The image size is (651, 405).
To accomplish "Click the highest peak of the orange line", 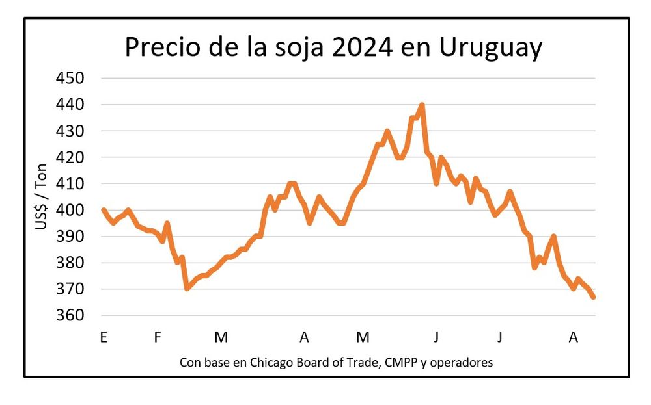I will click(x=422, y=105).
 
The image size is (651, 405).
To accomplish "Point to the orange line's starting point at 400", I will click(x=104, y=210).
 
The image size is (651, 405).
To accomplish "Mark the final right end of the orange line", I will click(x=594, y=297).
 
